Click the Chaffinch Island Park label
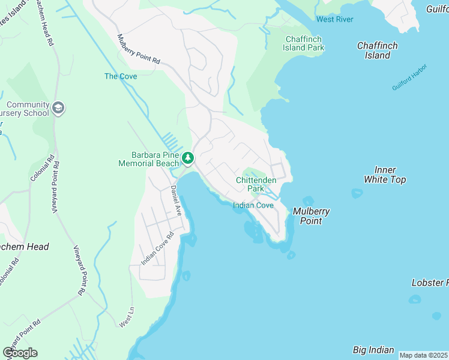click(304, 43)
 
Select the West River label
click(335, 19)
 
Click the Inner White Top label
click(385, 175)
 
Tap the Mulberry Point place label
click(312, 216)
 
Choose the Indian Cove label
click(253, 205)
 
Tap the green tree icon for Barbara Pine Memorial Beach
click(188, 158)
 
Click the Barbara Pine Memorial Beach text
click(148, 159)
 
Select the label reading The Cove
click(121, 76)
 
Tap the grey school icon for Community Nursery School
click(58, 108)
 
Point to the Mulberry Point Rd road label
click(139, 49)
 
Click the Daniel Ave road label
click(175, 200)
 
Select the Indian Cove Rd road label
click(157, 248)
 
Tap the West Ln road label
click(126, 318)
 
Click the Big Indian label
click(373, 350)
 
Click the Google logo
click(20, 353)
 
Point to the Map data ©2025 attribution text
click(423, 355)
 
